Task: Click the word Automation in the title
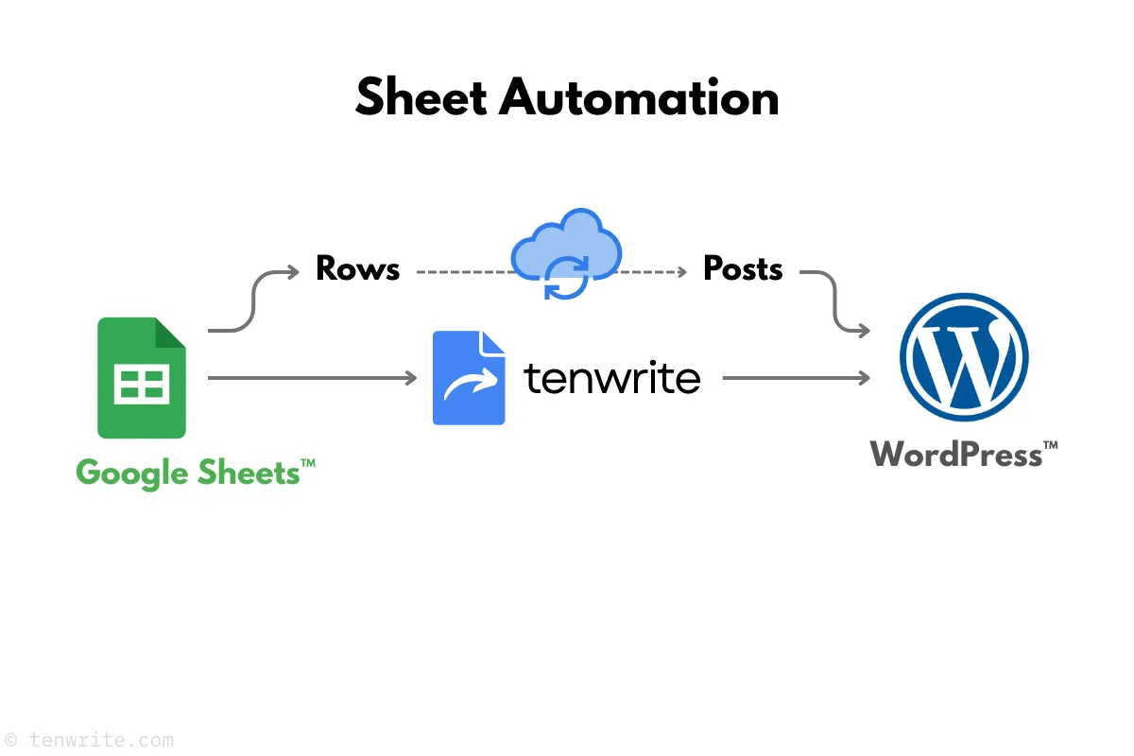[639, 97]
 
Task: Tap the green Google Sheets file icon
[142, 378]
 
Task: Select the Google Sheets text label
[195, 472]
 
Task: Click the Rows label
[357, 269]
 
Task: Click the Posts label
[743, 269]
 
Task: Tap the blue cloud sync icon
[565, 248]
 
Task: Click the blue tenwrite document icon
[469, 378]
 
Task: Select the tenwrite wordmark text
[612, 378]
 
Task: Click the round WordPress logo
[963, 358]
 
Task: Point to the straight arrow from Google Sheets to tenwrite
[312, 378]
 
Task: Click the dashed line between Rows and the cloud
[463, 272]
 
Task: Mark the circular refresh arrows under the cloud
[566, 278]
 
